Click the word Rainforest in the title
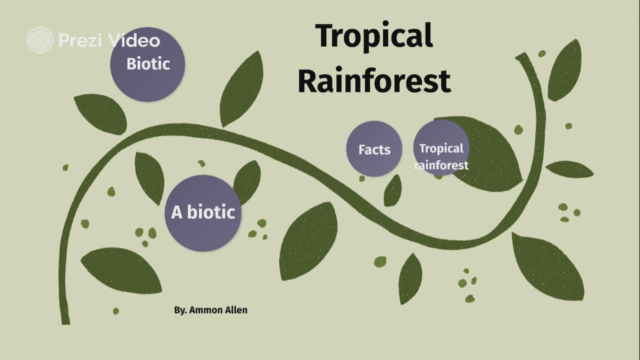pyautogui.click(x=374, y=81)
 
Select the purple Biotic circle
pyautogui.click(x=147, y=64)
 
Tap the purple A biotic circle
pyautogui.click(x=203, y=212)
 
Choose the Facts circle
pyautogui.click(x=374, y=149)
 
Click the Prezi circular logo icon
pyautogui.click(x=40, y=40)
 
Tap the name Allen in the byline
pyautogui.click(x=237, y=310)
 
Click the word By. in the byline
pyautogui.click(x=180, y=310)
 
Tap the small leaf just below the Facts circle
pyautogui.click(x=393, y=191)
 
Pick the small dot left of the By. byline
pyautogui.click(x=116, y=311)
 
